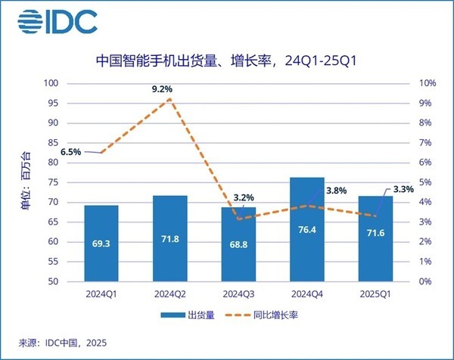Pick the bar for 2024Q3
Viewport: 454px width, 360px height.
pyautogui.click(x=238, y=244)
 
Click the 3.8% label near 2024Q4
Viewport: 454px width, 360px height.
pyautogui.click(x=335, y=191)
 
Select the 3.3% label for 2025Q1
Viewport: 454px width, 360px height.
pyautogui.click(x=403, y=191)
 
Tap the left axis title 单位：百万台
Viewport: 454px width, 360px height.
pyautogui.click(x=25, y=181)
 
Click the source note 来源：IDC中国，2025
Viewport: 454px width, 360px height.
pyautogui.click(x=58, y=345)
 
